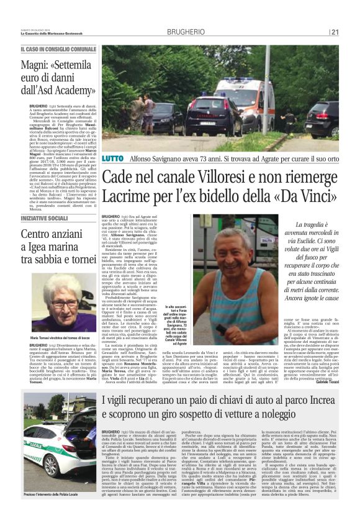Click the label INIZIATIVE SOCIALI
click(x=45, y=219)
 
